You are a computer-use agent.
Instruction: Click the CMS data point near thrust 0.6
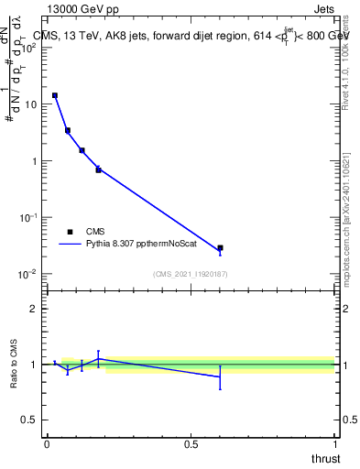(220, 248)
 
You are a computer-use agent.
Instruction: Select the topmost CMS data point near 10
(55, 95)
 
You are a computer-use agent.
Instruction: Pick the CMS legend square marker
(70, 232)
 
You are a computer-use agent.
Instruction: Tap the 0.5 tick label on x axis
(191, 443)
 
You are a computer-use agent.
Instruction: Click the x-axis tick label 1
(334, 443)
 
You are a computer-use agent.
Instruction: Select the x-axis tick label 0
(47, 443)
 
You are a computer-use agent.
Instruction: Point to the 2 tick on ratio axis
(34, 309)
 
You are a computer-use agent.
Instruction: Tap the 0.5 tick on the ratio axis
(30, 420)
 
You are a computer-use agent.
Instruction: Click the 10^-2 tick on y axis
(28, 274)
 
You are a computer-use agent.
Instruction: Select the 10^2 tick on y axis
(29, 48)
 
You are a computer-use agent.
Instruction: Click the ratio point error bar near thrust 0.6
(220, 376)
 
